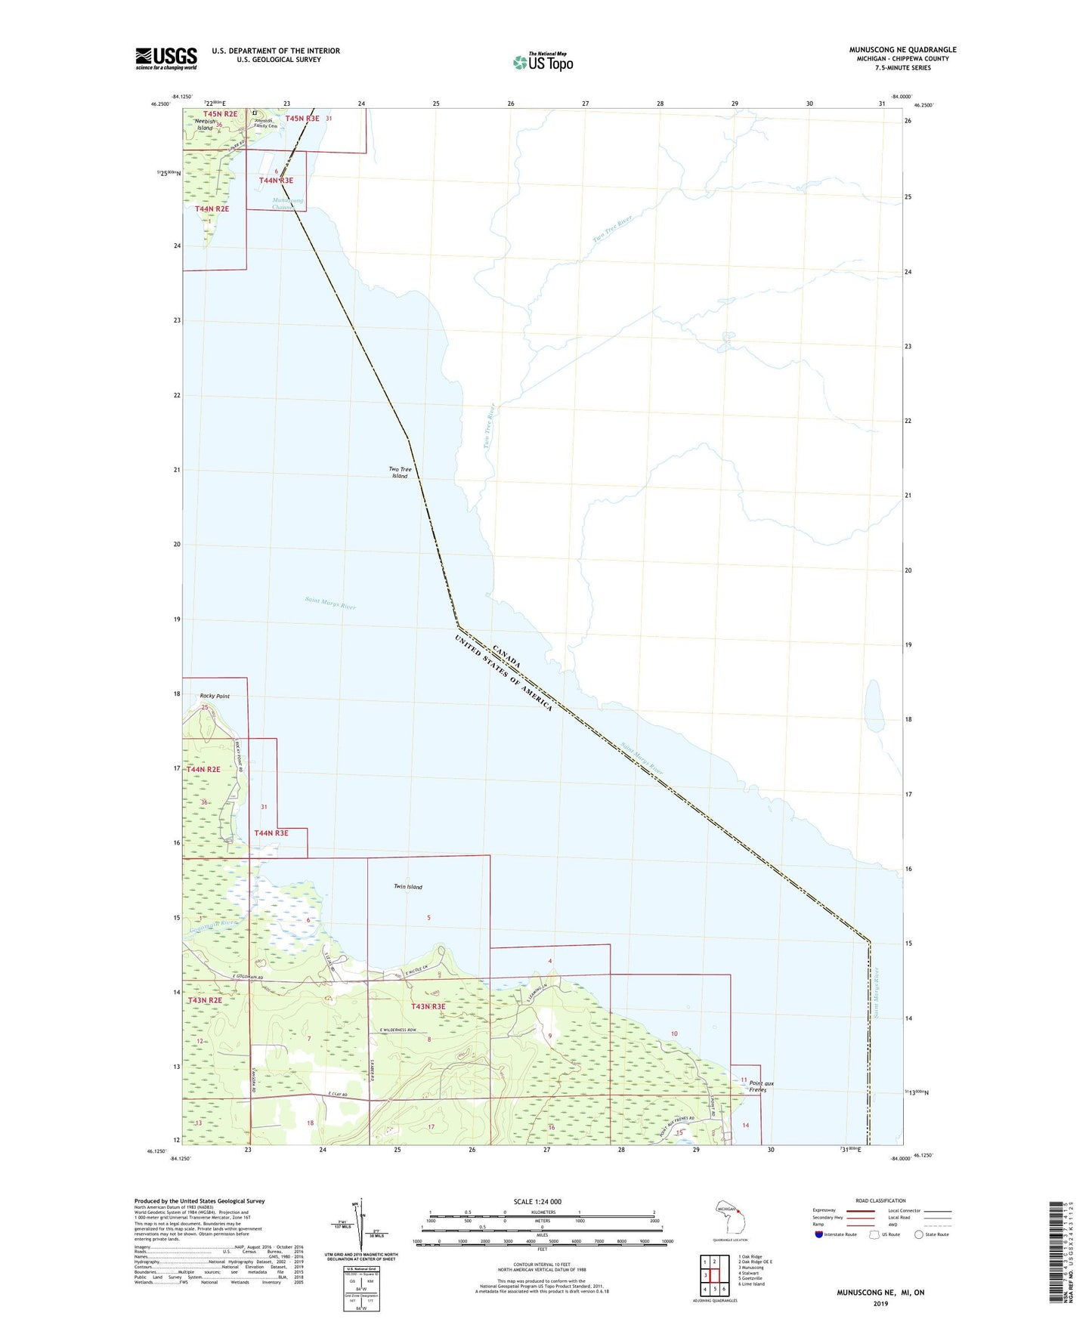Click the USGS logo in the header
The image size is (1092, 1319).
166,58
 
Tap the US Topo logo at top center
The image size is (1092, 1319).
543,61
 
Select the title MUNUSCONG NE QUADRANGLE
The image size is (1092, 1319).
902,50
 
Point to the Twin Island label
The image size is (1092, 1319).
408,886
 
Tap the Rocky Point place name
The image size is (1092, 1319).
215,696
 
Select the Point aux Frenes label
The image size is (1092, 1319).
761,1086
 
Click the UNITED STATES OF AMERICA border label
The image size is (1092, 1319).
503,673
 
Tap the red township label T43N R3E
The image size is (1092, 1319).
428,1006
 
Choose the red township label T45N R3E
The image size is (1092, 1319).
302,118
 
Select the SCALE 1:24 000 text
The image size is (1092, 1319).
537,1202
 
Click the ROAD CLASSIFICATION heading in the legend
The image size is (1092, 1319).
880,1200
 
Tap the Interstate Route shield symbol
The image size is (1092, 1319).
819,1234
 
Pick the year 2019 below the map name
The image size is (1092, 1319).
880,1303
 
